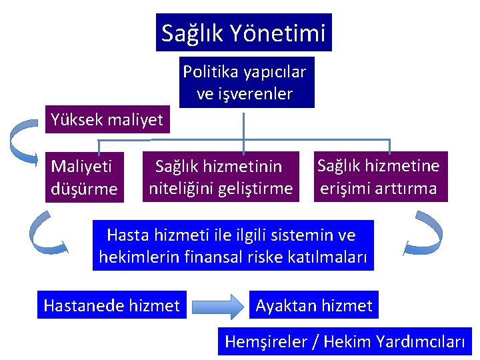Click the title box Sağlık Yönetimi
click(x=243, y=33)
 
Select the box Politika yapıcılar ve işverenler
click(x=244, y=83)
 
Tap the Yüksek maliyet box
click(x=107, y=119)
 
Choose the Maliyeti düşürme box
click(x=84, y=177)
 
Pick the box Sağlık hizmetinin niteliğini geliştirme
click(x=220, y=177)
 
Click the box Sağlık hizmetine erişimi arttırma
click(x=378, y=177)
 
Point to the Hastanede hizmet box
click(x=111, y=305)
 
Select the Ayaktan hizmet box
click(x=313, y=305)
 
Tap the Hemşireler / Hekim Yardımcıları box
click(x=345, y=342)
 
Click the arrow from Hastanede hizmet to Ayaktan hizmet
click(x=217, y=306)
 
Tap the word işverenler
click(x=254, y=94)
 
